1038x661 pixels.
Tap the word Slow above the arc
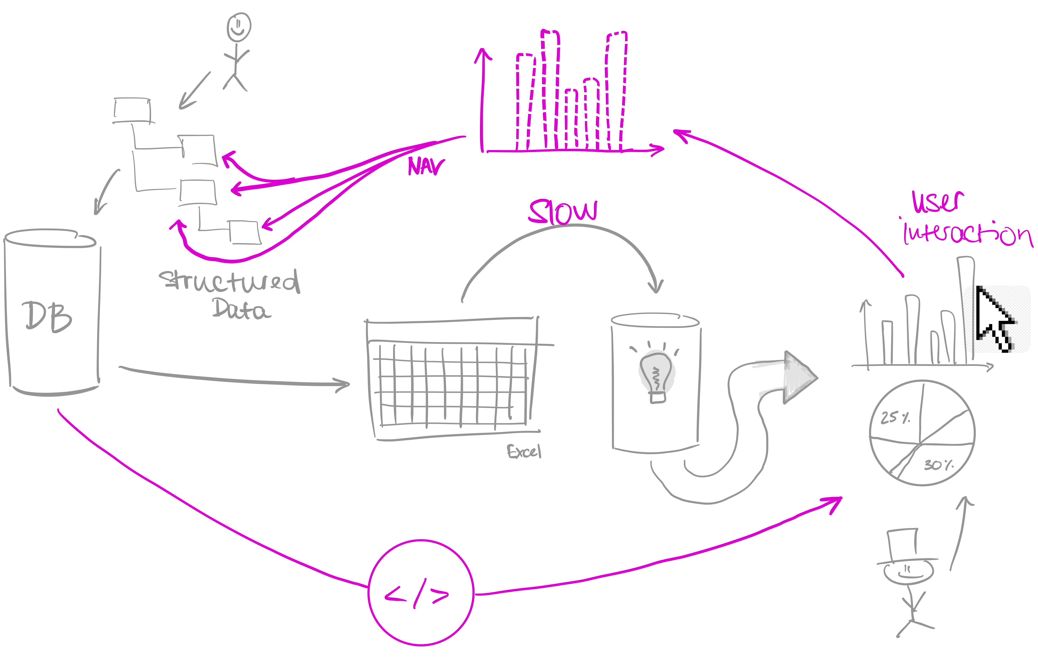563,212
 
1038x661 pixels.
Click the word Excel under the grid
524,451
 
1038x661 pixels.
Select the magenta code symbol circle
421,593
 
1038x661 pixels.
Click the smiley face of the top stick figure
239,27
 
